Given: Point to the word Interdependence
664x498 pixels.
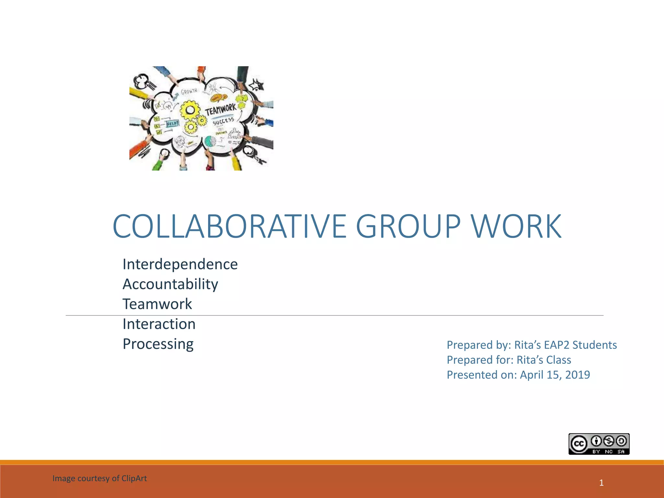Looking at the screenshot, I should pyautogui.click(x=180, y=264).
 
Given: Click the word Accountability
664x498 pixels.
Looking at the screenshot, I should pyautogui.click(x=170, y=284).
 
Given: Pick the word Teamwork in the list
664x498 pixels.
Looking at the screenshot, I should pyautogui.click(x=157, y=304).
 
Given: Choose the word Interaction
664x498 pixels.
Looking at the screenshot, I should pyautogui.click(x=159, y=324).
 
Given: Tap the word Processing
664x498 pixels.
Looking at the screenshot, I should pyautogui.click(x=158, y=344).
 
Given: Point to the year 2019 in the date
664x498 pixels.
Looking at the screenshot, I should pyautogui.click(x=577, y=375).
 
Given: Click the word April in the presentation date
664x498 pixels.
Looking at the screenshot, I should pyautogui.click(x=532, y=375).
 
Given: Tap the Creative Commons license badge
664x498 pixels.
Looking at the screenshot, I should pyautogui.click(x=599, y=444).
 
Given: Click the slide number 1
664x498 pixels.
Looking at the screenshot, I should pyautogui.click(x=601, y=483).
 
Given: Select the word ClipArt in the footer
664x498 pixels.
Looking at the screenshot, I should pyautogui.click(x=134, y=479).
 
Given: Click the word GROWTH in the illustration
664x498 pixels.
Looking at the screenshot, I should pyautogui.click(x=189, y=91).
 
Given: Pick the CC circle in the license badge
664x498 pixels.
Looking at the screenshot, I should pyautogui.click(x=579, y=444).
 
